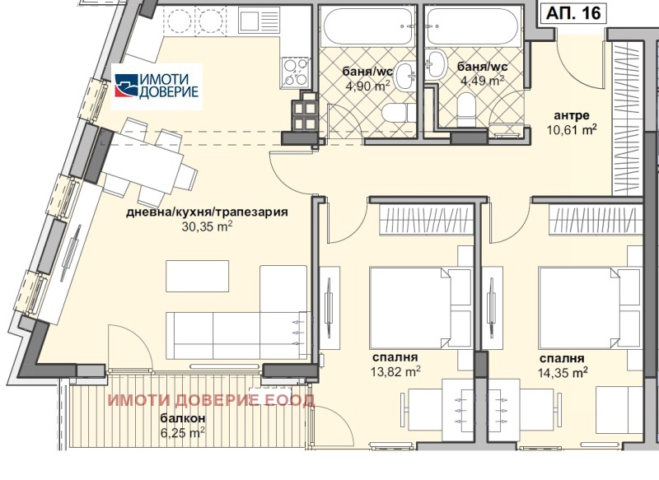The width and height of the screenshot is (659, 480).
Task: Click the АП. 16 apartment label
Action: pyautogui.click(x=573, y=13)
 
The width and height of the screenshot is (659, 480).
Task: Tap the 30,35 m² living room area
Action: pyautogui.click(x=208, y=226)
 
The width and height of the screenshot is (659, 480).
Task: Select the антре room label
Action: pyautogui.click(x=572, y=115)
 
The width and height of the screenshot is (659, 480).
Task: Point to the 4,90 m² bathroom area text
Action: pyautogui.click(x=367, y=86)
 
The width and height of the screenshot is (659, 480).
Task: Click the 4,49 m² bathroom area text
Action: pyautogui.click(x=483, y=80)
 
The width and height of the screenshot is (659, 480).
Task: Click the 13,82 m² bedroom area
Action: pyautogui.click(x=395, y=371)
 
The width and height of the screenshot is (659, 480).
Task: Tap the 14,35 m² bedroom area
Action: pyautogui.click(x=563, y=372)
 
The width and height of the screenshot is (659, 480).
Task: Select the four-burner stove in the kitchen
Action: pyautogui.click(x=296, y=72)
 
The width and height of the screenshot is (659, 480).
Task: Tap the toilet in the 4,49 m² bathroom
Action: pyautogui.click(x=465, y=109)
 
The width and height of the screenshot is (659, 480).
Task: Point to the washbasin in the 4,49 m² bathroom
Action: pyautogui.click(x=437, y=64)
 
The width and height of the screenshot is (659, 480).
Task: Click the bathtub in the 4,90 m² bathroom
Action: pyautogui.click(x=367, y=26)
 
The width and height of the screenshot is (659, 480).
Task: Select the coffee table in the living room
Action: pyautogui.click(x=198, y=276)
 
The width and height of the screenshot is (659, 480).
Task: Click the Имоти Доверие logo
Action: pyautogui.click(x=157, y=86)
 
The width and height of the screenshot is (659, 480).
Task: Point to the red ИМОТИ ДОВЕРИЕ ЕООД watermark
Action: pyautogui.click(x=211, y=400)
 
